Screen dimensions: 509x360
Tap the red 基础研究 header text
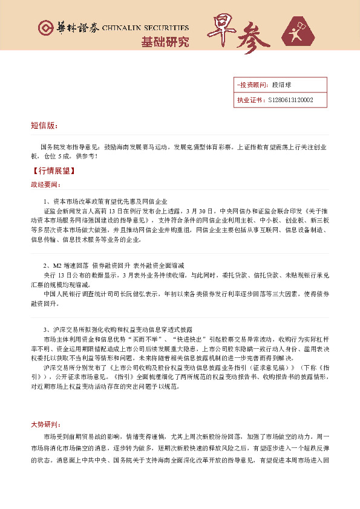[x=165, y=42]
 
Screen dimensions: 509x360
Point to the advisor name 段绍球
[x=282, y=85]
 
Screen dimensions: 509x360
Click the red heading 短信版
[x=44, y=126]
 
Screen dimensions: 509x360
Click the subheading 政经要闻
[x=45, y=184]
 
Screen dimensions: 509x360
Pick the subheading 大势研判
[x=45, y=424]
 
